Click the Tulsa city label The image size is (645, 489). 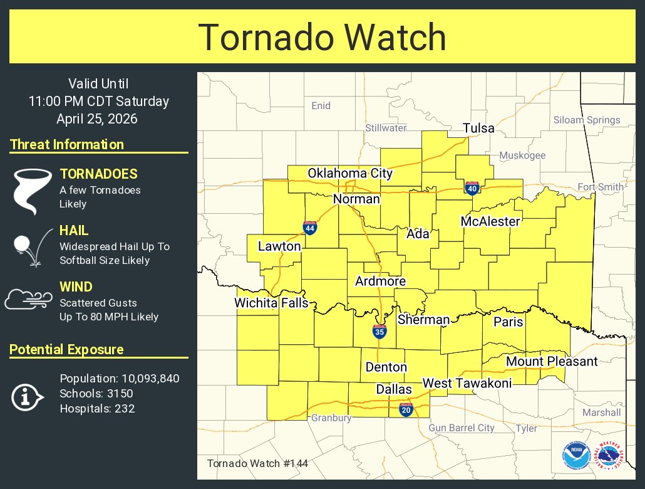point(478,129)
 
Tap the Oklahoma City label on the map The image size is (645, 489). point(349,174)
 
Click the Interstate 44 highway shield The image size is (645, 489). point(309,228)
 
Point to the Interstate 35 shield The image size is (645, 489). point(379,332)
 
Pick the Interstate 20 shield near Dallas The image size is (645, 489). point(406,410)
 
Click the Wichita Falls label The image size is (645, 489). point(271,303)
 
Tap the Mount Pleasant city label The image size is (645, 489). point(552,361)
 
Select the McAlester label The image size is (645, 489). point(490,221)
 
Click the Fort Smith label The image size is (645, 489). point(600,187)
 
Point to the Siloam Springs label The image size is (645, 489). point(587,120)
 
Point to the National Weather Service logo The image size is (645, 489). point(609,456)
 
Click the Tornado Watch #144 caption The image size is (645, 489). point(257,463)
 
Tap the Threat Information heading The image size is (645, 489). point(67,145)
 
